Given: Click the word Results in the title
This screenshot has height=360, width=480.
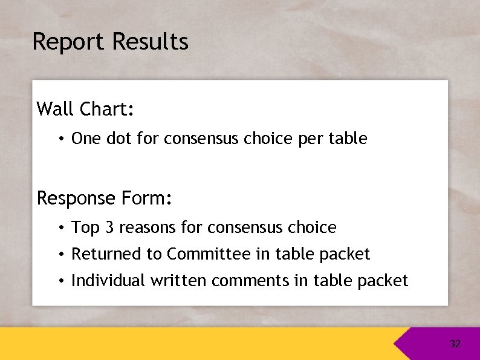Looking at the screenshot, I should point(151,42).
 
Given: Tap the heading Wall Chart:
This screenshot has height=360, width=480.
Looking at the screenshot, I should point(85,110).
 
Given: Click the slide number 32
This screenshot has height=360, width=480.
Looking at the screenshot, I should point(455,344).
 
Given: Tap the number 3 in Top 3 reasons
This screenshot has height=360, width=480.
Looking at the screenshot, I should point(109,227).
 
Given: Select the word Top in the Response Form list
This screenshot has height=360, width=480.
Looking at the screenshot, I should point(85,227).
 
